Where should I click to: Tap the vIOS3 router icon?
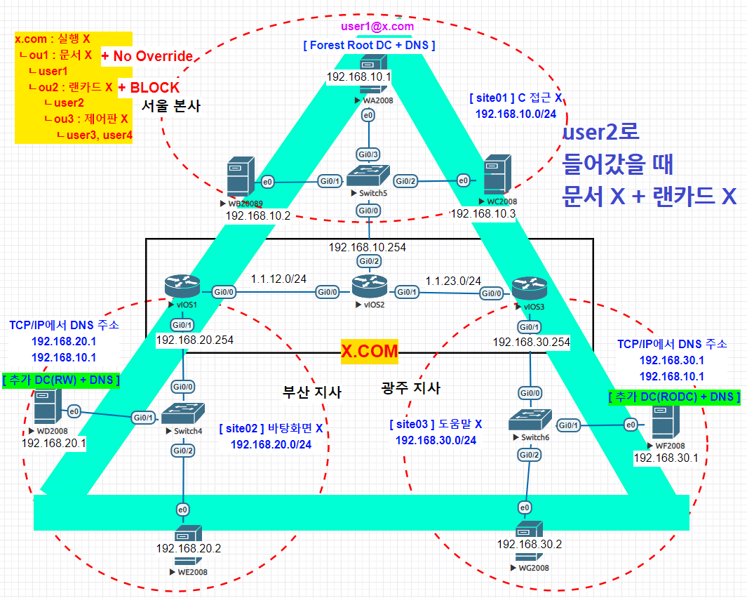coord(527,288)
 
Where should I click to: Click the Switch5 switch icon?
coord(368,175)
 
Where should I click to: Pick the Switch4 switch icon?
coord(183,414)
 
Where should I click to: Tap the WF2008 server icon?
coord(664,421)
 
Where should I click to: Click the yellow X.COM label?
coord(370,351)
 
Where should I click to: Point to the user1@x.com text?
coord(377,27)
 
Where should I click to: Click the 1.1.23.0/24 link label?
coord(453,280)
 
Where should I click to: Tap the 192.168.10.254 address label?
coord(368,247)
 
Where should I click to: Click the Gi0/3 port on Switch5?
coord(368,153)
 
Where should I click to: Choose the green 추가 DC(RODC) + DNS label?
coord(675,397)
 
